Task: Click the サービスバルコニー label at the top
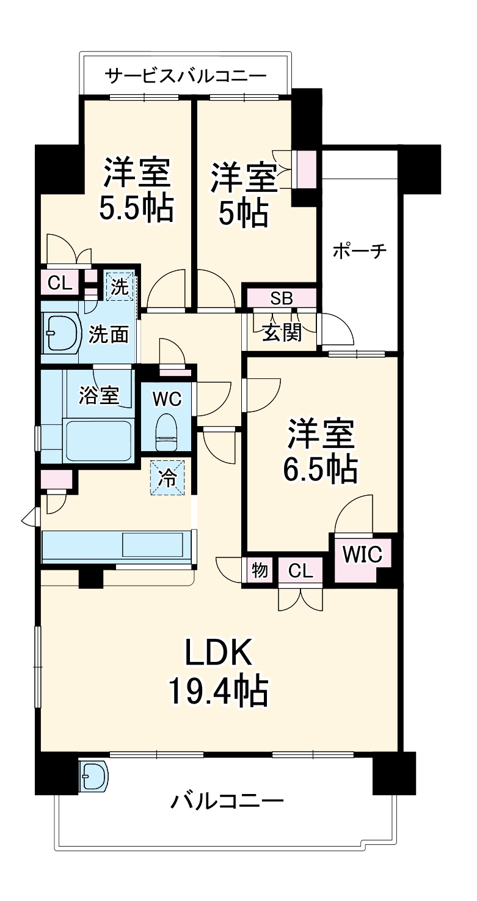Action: pyautogui.click(x=186, y=76)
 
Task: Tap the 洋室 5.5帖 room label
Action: pyautogui.click(x=137, y=191)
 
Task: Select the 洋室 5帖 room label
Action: pyautogui.click(x=242, y=195)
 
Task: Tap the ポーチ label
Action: pyautogui.click(x=360, y=251)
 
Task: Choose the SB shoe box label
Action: pyautogui.click(x=282, y=298)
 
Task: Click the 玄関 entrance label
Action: pyautogui.click(x=282, y=333)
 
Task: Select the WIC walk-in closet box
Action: pyautogui.click(x=362, y=555)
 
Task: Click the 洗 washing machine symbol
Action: pyautogui.click(x=120, y=287)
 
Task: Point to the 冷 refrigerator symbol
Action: pyautogui.click(x=166, y=477)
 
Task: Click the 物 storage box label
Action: pyautogui.click(x=259, y=571)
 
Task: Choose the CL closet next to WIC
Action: pyautogui.click(x=300, y=571)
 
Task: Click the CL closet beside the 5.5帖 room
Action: pyautogui.click(x=60, y=283)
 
